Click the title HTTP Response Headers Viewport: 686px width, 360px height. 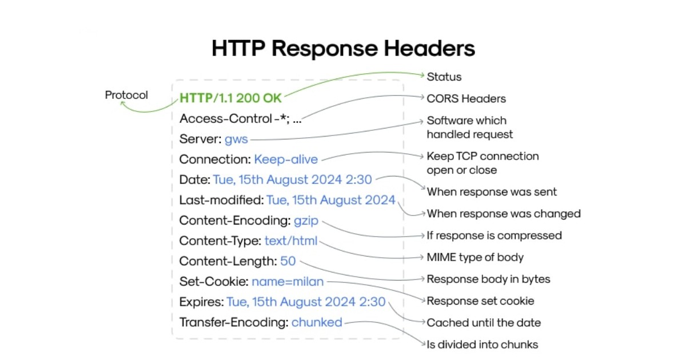pos(343,48)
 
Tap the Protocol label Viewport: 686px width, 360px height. pos(126,95)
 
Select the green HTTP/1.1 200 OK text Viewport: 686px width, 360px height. pos(230,98)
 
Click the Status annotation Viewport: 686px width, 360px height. pos(444,77)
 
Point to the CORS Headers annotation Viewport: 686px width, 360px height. pos(466,98)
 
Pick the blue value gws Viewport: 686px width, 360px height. pos(236,139)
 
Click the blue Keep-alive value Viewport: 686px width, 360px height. pos(286,159)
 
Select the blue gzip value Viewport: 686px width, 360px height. pos(306,221)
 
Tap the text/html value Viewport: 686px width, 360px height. pos(290,241)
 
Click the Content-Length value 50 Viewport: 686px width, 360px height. pos(288,261)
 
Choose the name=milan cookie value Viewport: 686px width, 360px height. pos(288,282)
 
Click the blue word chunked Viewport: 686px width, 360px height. pos(317,322)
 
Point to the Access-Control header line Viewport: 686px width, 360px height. pos(241,119)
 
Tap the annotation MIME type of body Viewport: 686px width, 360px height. pos(475,257)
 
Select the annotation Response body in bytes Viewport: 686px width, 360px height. pos(489,279)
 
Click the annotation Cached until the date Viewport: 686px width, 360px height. pos(484,323)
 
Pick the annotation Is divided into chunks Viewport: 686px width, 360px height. pos(482,345)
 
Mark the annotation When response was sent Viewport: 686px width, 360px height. pos(492,191)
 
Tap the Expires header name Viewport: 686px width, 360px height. pos(201,302)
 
